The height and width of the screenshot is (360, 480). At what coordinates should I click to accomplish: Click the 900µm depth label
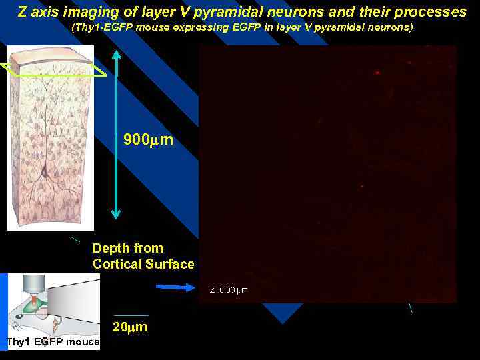pyautogui.click(x=149, y=140)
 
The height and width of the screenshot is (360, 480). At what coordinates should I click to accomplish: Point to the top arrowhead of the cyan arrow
pyautogui.click(x=116, y=53)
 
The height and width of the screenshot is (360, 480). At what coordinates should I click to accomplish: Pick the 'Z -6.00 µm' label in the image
pyautogui.click(x=229, y=290)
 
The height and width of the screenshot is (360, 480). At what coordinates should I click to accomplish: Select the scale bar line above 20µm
pyautogui.click(x=131, y=315)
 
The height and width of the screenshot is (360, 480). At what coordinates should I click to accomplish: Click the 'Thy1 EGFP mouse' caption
pyautogui.click(x=52, y=343)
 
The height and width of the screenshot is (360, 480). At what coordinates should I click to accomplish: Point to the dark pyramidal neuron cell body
pyautogui.click(x=44, y=172)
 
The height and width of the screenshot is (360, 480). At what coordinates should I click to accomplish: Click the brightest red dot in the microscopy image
pyautogui.click(x=377, y=72)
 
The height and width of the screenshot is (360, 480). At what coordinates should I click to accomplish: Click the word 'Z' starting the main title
pyautogui.click(x=22, y=13)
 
